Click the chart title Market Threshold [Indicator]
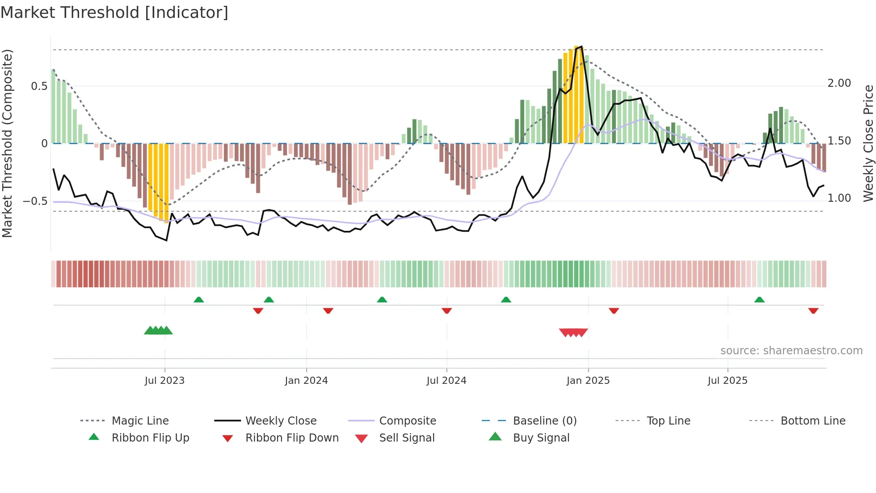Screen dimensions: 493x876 pyautogui.click(x=114, y=13)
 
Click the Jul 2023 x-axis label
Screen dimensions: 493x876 pyautogui.click(x=164, y=381)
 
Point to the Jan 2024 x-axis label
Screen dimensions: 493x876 pyautogui.click(x=306, y=381)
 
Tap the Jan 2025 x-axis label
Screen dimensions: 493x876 pyautogui.click(x=588, y=381)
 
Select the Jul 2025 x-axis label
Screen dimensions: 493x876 pyautogui.click(x=727, y=381)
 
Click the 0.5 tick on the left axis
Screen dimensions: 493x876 pyautogui.click(x=39, y=86)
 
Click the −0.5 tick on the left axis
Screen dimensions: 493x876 pyautogui.click(x=35, y=201)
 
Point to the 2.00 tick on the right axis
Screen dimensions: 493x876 pyautogui.click(x=839, y=83)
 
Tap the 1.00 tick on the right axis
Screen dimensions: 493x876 pyautogui.click(x=839, y=198)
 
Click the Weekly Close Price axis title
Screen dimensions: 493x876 pyautogui.click(x=868, y=143)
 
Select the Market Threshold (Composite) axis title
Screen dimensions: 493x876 pyautogui.click(x=7, y=143)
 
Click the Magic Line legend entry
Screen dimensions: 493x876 pyautogui.click(x=140, y=421)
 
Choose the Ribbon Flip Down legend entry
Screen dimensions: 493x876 pyautogui.click(x=292, y=438)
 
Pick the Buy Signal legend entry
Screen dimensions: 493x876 pyautogui.click(x=541, y=438)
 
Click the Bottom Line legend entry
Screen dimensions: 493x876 pyautogui.click(x=813, y=421)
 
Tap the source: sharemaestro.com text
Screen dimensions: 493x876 pyautogui.click(x=791, y=351)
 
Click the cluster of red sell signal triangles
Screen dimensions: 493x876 pyautogui.click(x=573, y=332)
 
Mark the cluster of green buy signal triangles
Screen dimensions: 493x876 pyautogui.click(x=158, y=331)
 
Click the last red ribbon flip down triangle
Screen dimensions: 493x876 pyautogui.click(x=813, y=310)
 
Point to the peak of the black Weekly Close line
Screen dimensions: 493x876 pyautogui.click(x=581, y=47)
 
